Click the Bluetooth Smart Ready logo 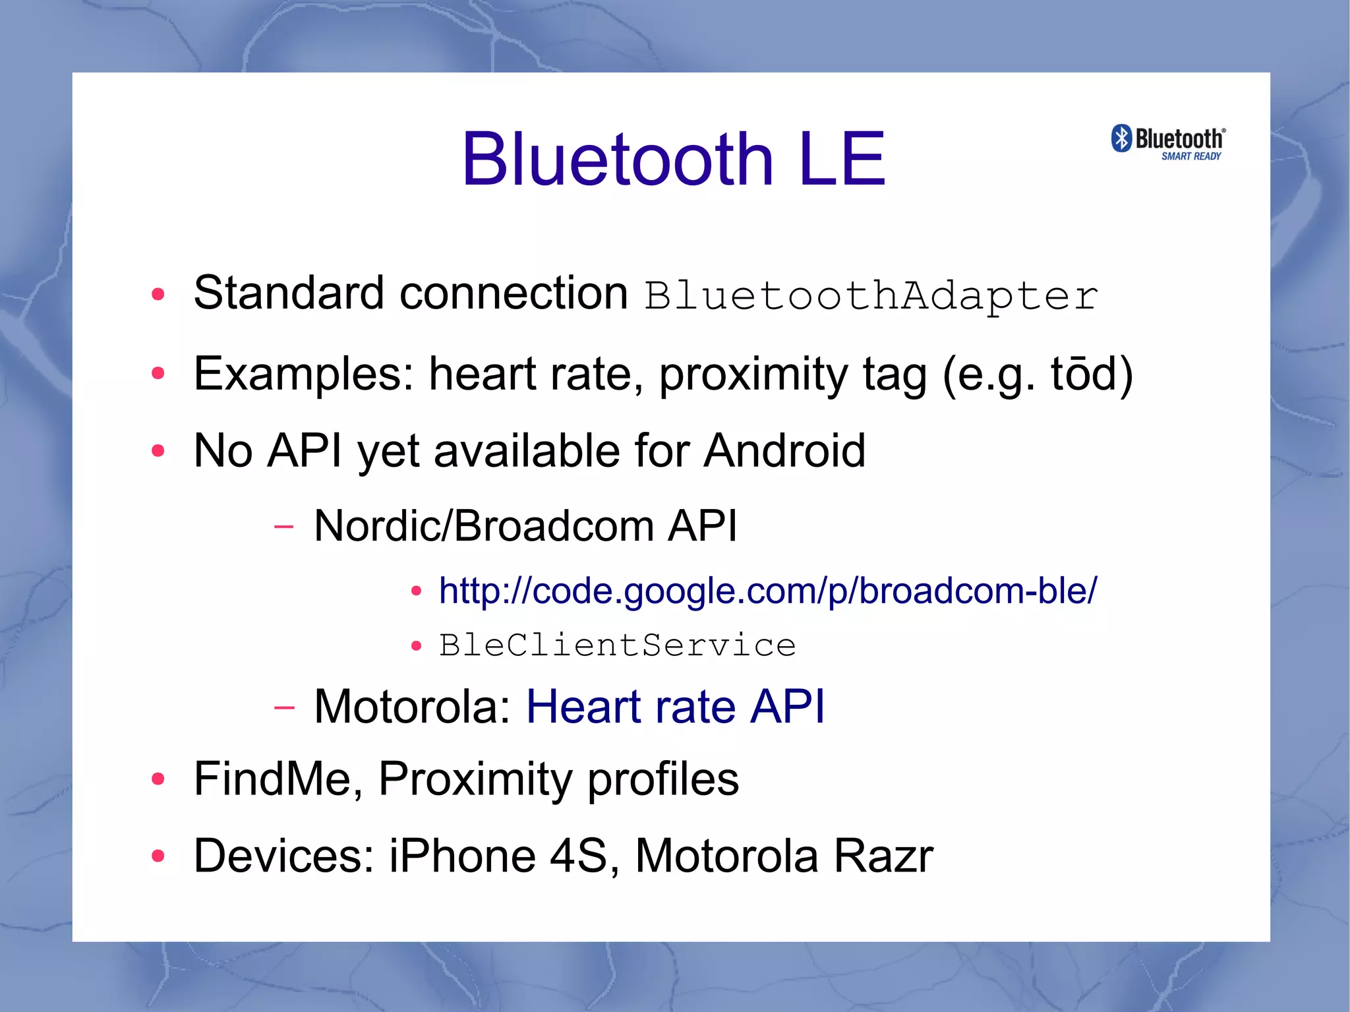(1168, 142)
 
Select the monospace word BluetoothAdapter (871, 296)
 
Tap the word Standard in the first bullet (289, 293)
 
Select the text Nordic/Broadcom (483, 526)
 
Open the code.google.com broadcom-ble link (767, 591)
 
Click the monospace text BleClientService (618, 645)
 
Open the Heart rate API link (675, 707)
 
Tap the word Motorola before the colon (406, 707)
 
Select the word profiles (662, 779)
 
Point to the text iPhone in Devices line (461, 856)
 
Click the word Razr (883, 856)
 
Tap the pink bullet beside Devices (158, 856)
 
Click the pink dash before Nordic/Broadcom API (283, 527)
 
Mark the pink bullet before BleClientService (416, 646)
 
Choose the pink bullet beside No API (158, 452)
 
